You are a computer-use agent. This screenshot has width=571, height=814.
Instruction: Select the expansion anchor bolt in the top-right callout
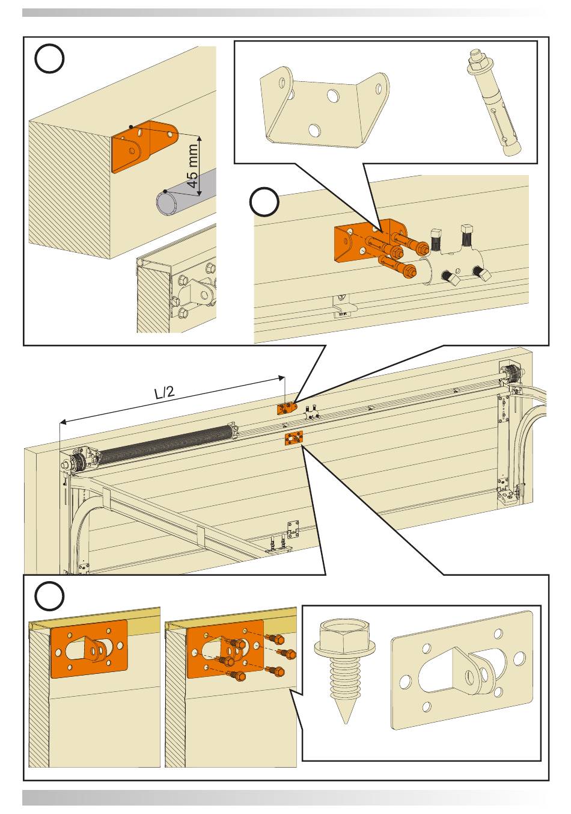pos(492,103)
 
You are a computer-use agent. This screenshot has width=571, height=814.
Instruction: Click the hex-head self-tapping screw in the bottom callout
pos(345,668)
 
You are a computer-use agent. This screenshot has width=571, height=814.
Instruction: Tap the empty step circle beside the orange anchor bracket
pos(264,202)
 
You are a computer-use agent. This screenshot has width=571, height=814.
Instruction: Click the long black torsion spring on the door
pos(166,445)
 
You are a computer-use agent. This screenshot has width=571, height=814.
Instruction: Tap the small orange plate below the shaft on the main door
pos(293,439)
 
